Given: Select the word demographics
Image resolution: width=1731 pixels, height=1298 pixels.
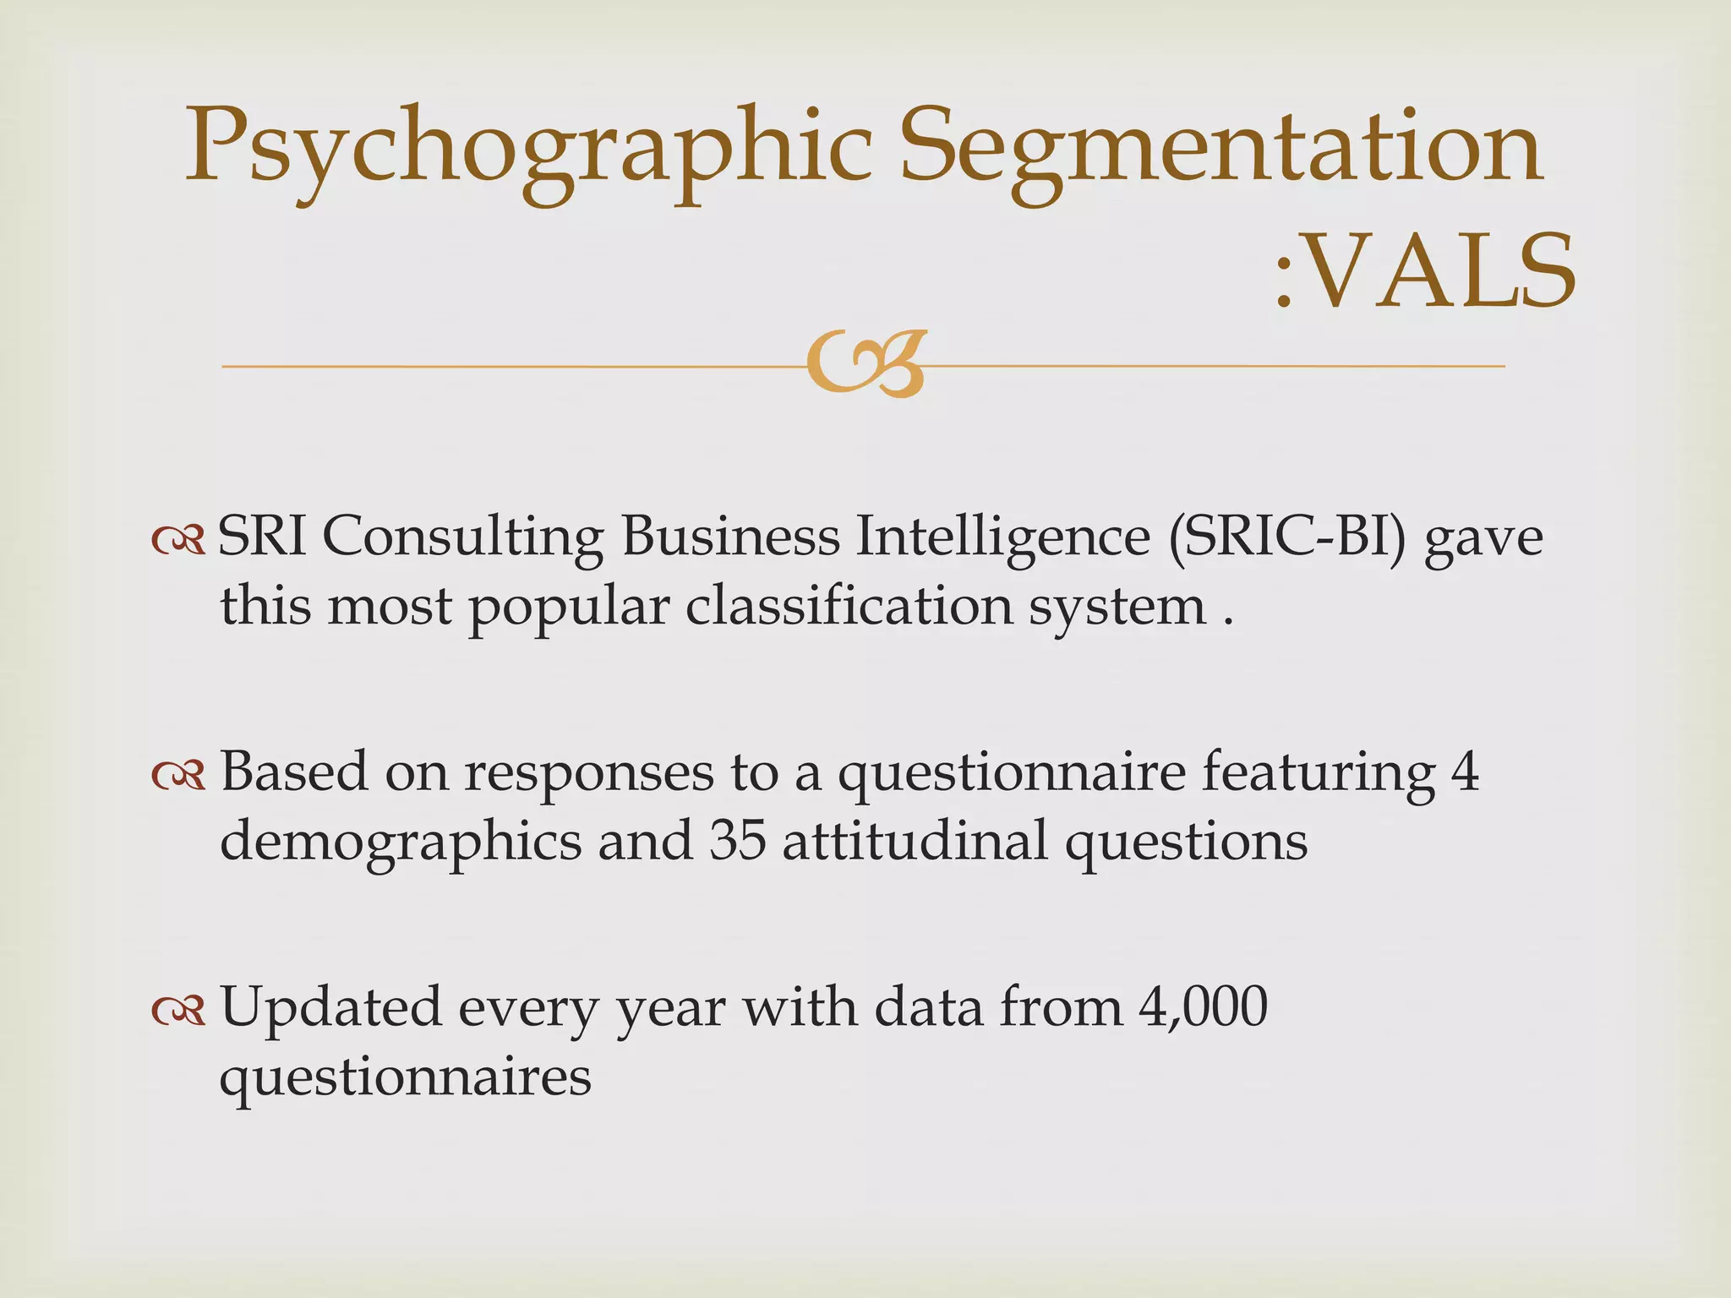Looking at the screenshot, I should (x=401, y=843).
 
